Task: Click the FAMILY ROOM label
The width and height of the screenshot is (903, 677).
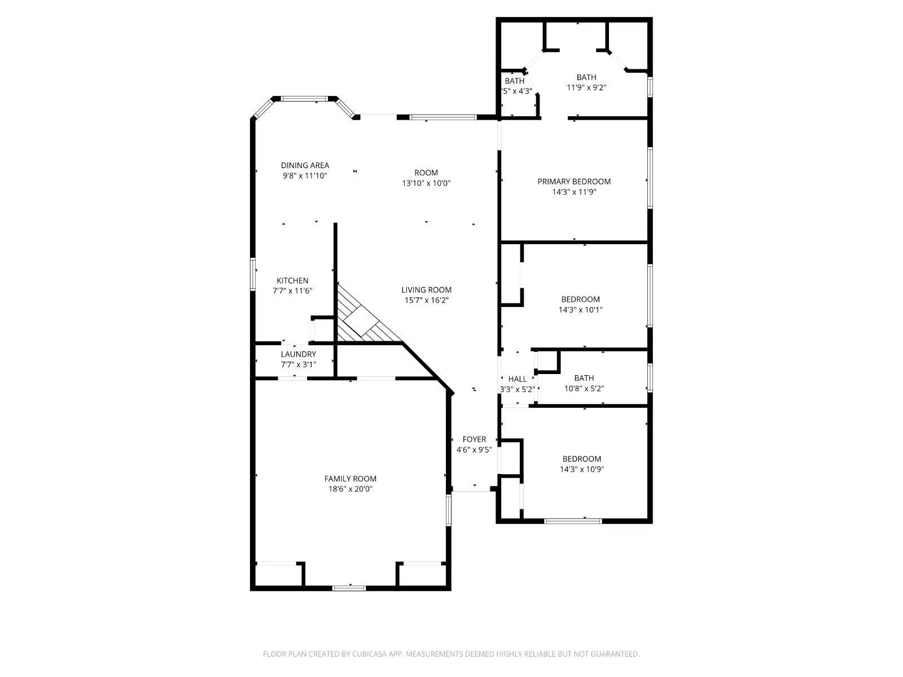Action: pyautogui.click(x=350, y=478)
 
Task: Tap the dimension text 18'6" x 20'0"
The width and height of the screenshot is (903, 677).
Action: pyautogui.click(x=350, y=489)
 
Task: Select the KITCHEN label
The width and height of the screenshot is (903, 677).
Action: pyautogui.click(x=292, y=280)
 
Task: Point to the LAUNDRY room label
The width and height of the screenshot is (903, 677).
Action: pyautogui.click(x=299, y=354)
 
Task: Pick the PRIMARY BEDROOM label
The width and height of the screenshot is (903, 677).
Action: pyautogui.click(x=574, y=181)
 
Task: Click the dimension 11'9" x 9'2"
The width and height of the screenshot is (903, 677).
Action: pyautogui.click(x=586, y=87)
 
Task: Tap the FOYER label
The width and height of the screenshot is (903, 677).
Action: pyautogui.click(x=474, y=439)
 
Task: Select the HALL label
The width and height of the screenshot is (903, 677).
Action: pyautogui.click(x=517, y=379)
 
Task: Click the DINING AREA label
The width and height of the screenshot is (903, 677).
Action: pyautogui.click(x=305, y=165)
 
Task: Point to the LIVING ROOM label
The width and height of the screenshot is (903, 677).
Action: pyautogui.click(x=426, y=290)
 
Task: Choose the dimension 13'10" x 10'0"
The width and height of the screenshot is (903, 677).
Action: pyautogui.click(x=426, y=183)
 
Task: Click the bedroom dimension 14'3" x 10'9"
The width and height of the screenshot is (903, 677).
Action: pyautogui.click(x=582, y=469)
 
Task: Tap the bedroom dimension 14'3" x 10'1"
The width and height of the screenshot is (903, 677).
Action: pyautogui.click(x=580, y=309)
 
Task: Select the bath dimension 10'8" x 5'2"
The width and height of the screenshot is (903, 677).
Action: pyautogui.click(x=584, y=388)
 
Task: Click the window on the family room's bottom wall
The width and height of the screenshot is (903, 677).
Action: pyautogui.click(x=349, y=588)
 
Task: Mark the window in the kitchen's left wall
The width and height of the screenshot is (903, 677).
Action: pyautogui.click(x=253, y=274)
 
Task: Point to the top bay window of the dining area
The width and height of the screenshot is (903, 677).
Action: pyautogui.click(x=304, y=99)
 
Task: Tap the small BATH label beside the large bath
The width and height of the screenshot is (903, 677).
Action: pyautogui.click(x=514, y=81)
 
